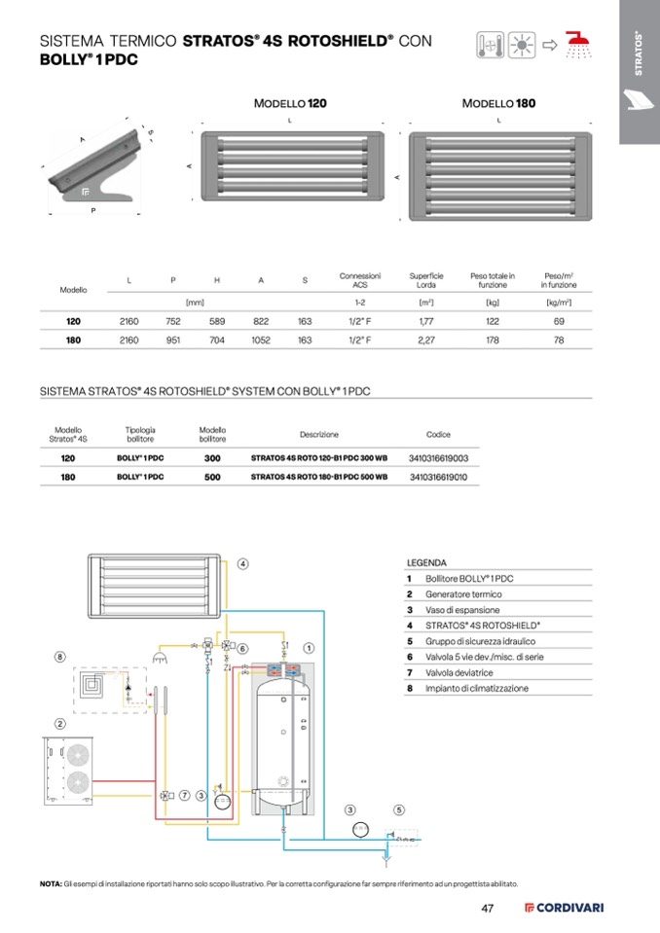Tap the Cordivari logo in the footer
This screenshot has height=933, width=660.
565,909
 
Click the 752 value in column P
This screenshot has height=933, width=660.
173,320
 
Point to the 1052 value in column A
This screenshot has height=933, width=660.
260,341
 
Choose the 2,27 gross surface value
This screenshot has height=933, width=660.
425,341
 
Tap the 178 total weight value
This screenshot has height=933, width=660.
493,341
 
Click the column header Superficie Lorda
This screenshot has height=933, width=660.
425,280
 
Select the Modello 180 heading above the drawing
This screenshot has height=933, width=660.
498,102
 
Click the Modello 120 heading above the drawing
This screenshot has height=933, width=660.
290,102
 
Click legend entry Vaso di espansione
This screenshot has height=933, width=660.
455,610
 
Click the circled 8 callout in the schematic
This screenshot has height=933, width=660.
59,657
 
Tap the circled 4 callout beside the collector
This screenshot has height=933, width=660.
242,562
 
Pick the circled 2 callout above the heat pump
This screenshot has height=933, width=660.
59,724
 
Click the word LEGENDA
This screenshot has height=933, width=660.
426,562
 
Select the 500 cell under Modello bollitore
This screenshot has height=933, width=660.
212,478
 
